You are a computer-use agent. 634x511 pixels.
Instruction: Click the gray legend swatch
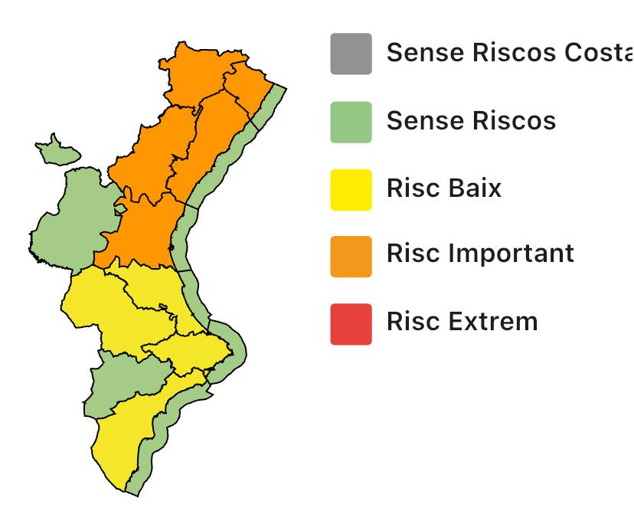coord(351,54)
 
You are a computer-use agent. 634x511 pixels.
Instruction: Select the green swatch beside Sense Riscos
coord(351,122)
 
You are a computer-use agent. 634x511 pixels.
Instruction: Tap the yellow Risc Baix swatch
coord(351,189)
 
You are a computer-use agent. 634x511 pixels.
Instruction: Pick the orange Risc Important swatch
coord(351,256)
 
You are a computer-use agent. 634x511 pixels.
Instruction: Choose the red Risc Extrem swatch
coord(351,323)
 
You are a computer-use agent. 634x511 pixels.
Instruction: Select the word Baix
coord(475,187)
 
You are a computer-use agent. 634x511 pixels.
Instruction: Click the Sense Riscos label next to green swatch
coord(471,120)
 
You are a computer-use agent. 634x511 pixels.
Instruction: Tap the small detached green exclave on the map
coord(57,150)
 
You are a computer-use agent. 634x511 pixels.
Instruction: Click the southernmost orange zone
coord(142,234)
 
